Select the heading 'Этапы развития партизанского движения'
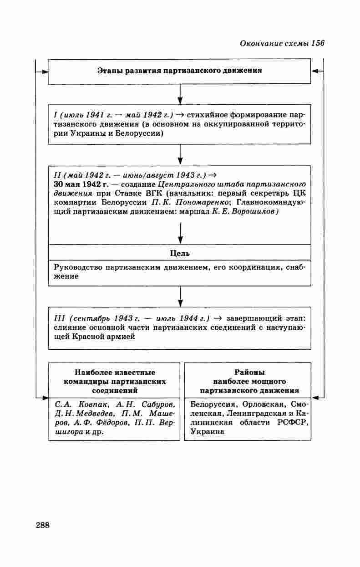click(180, 71)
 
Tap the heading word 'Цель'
click(180, 253)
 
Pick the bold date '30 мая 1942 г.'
click(81, 184)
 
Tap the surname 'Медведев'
click(91, 414)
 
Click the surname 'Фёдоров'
click(112, 423)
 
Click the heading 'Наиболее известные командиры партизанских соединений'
click(114, 381)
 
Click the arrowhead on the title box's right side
click(314, 72)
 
